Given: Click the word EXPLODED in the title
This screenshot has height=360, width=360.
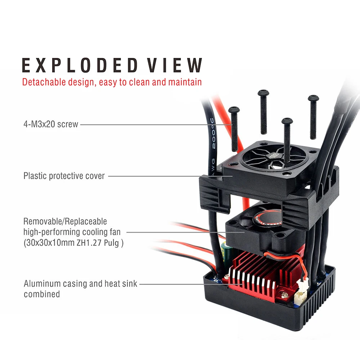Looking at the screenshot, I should (80, 66).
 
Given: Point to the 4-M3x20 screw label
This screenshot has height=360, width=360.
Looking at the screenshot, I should (50, 125).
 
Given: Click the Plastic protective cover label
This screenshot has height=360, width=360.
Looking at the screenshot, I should (64, 176).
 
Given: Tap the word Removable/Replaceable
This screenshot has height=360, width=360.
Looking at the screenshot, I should (65, 221).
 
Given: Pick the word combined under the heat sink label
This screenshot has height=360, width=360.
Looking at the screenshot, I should (42, 294).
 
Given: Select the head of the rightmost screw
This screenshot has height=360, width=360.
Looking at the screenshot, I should (313, 98).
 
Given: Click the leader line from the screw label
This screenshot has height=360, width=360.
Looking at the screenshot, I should (155, 125).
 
